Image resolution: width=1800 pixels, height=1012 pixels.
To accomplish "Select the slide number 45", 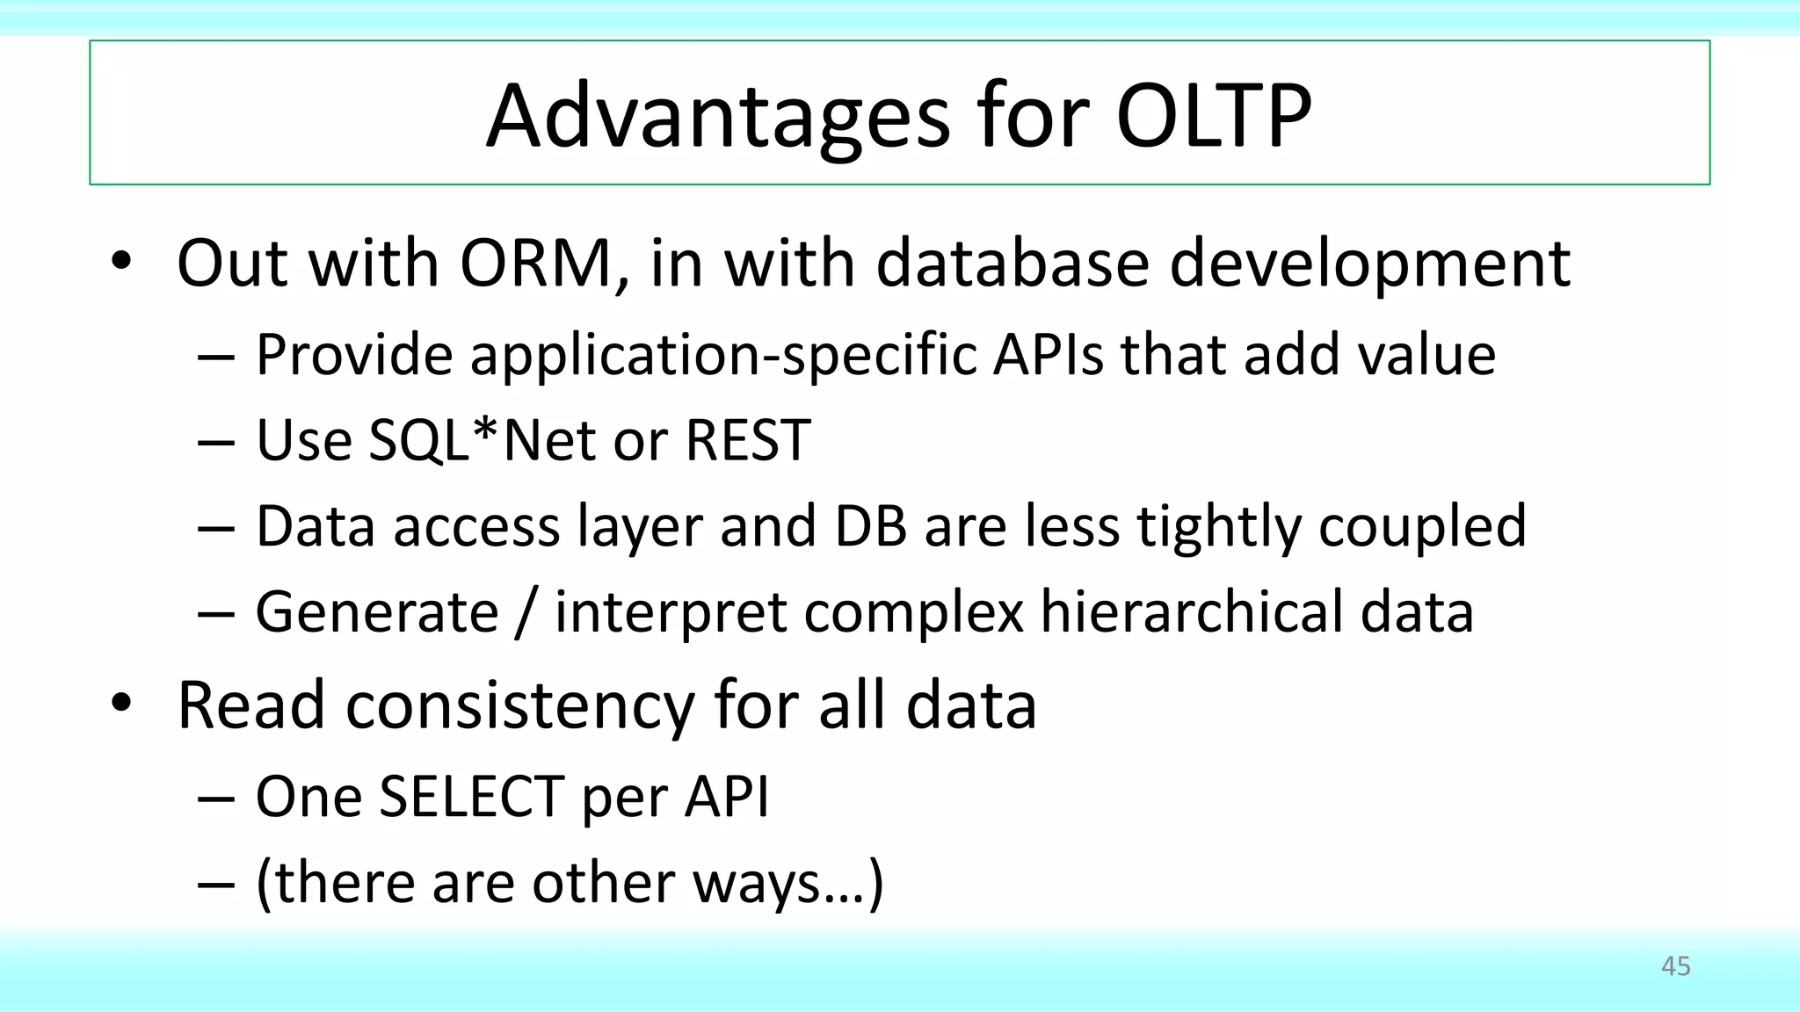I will (x=1675, y=966).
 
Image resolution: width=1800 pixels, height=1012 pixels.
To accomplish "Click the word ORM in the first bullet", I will (x=535, y=263).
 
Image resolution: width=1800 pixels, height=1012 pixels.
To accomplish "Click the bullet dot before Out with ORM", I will (x=121, y=261).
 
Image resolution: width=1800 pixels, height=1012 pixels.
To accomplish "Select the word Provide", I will (x=353, y=355).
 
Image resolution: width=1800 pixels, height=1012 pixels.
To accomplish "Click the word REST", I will (x=747, y=440).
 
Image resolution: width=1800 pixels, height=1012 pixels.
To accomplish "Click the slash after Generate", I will (x=526, y=612).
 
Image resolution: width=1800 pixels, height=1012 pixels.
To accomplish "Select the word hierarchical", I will (x=1192, y=611).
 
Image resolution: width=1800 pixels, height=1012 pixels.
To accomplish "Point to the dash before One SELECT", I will (x=215, y=799).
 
